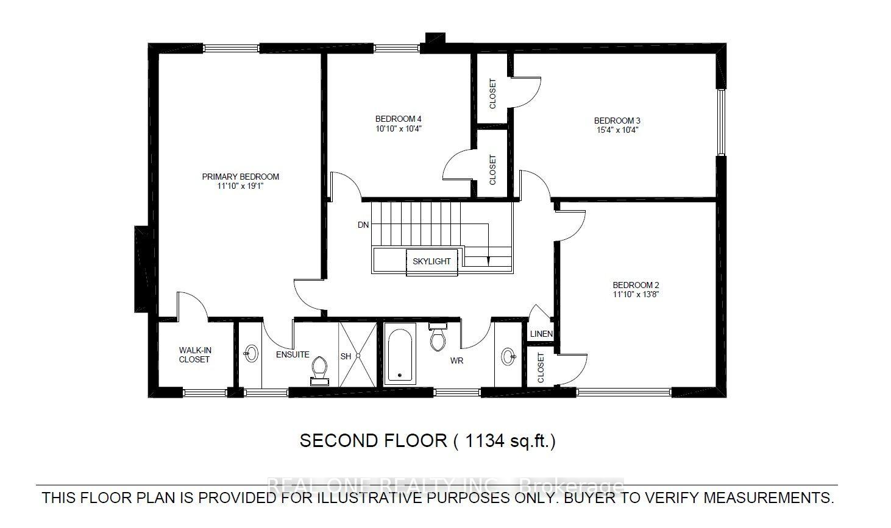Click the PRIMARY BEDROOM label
(240, 177)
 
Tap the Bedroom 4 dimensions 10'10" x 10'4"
(398, 128)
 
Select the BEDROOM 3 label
(617, 121)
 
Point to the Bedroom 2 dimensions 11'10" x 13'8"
(636, 294)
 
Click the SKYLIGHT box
(431, 262)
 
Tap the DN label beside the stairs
(363, 225)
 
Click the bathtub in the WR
(400, 354)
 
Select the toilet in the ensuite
(319, 371)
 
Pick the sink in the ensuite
(250, 353)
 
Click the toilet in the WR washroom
(438, 337)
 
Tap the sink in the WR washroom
(508, 356)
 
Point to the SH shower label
(346, 356)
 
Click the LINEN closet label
(541, 334)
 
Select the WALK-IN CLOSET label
(194, 355)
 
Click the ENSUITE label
(293, 354)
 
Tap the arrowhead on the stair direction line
(488, 261)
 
